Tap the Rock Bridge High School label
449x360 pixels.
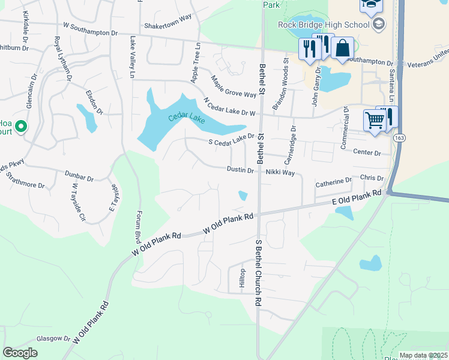[x=323, y=25]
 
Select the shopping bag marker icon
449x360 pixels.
[x=342, y=50]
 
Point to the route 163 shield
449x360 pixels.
[x=399, y=138]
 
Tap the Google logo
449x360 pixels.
[x=20, y=353]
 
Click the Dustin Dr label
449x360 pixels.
[x=240, y=170]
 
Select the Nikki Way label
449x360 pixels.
[x=280, y=173]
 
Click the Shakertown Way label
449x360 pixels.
[x=167, y=26]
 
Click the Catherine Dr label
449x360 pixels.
[x=334, y=181]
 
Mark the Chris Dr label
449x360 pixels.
[x=372, y=178]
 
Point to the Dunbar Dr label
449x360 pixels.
[x=79, y=178]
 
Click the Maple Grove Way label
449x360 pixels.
[x=234, y=87]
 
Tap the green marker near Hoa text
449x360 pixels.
[x=21, y=127]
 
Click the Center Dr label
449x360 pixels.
[x=367, y=153]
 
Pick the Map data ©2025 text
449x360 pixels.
[x=423, y=355]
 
